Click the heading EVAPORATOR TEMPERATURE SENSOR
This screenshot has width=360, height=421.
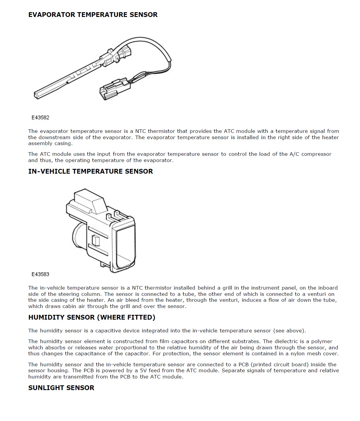tap(93, 15)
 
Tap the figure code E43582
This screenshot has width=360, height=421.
tap(40, 117)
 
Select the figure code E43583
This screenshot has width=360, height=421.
tap(40, 274)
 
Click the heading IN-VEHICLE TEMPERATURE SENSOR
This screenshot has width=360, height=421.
tap(90, 171)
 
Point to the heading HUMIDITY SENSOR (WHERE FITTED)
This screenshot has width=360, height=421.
tap(92, 317)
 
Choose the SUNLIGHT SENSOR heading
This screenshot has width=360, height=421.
tap(61, 388)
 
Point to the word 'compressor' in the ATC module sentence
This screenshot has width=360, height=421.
tap(316, 154)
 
